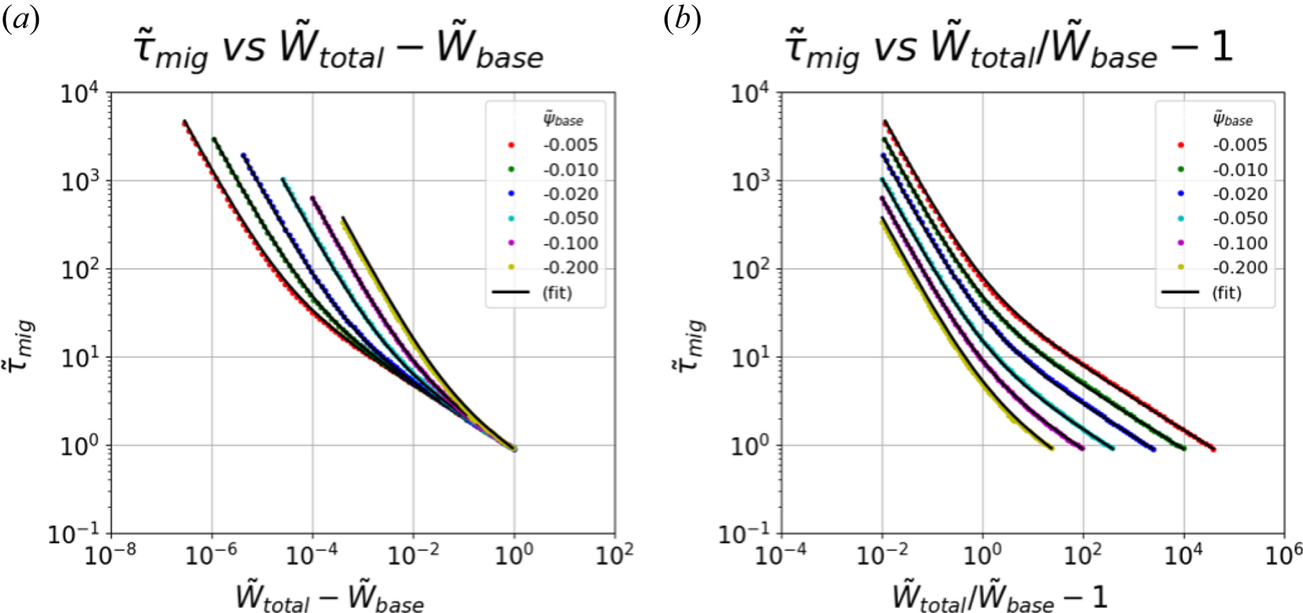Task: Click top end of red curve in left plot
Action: click(x=184, y=122)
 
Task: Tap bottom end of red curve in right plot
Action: click(x=1213, y=449)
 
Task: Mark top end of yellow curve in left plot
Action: click(x=343, y=218)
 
